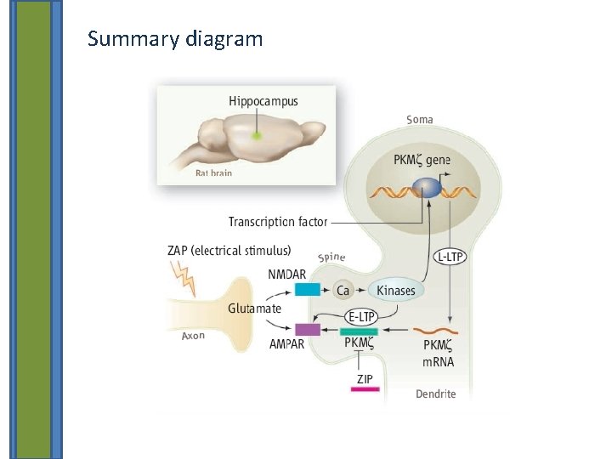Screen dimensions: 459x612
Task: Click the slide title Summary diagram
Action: point(175,39)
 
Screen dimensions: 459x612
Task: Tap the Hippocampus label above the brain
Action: point(263,102)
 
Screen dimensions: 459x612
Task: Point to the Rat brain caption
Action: point(213,173)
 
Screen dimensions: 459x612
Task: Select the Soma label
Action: point(419,120)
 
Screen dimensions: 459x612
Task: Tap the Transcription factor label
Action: point(277,222)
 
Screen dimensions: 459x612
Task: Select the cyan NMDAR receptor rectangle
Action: point(307,290)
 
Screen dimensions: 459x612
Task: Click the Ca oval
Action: point(343,291)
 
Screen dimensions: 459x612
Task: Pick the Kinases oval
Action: point(396,291)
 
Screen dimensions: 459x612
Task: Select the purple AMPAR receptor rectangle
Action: point(307,330)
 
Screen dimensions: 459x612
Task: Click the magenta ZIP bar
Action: point(365,389)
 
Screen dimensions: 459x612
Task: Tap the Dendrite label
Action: point(435,394)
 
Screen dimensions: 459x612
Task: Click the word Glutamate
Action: point(254,309)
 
